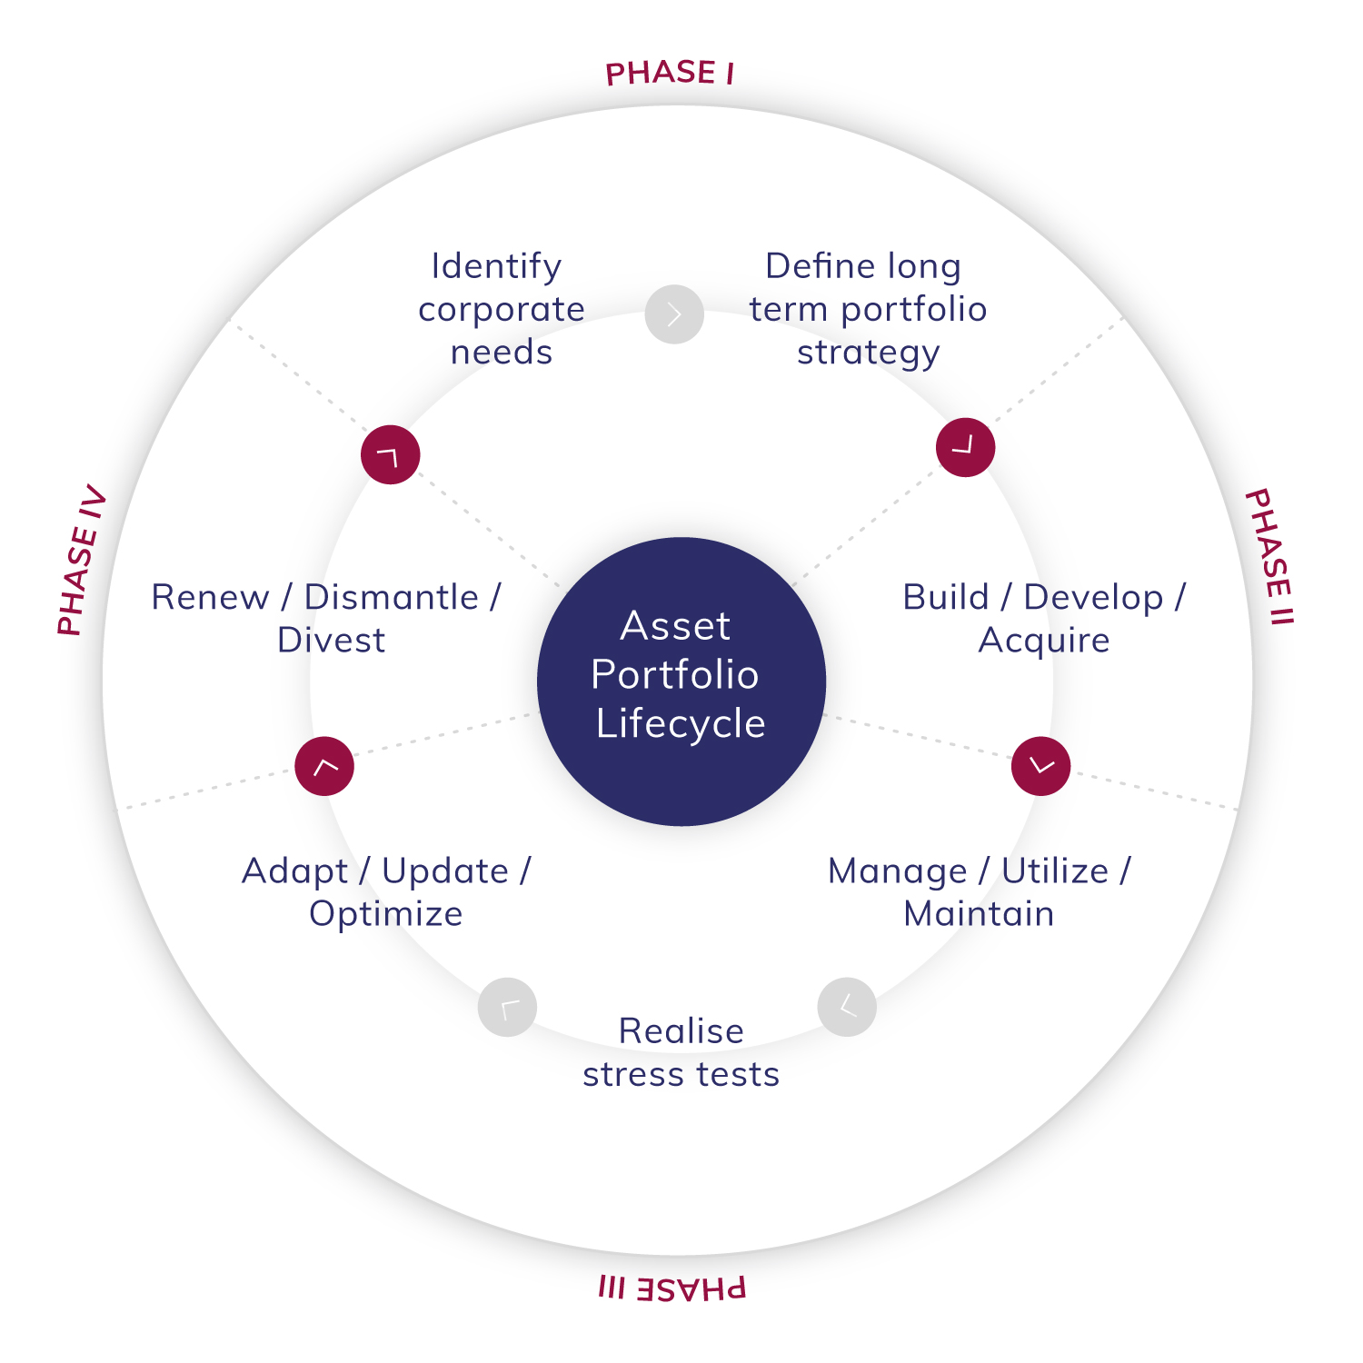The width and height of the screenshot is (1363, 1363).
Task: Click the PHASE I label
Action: tap(670, 73)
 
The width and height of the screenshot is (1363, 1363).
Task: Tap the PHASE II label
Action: tap(1268, 556)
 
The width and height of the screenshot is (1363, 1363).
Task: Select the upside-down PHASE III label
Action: tap(672, 1288)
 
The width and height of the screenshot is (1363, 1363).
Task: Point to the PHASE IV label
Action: tap(82, 561)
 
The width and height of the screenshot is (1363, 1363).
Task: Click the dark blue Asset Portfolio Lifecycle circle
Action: tap(681, 681)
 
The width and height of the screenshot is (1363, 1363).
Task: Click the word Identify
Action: tap(496, 266)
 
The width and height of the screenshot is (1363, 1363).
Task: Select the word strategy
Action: tap(868, 353)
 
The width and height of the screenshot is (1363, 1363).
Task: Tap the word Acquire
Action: tap(1044, 641)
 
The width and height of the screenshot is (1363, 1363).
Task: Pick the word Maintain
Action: tap(979, 913)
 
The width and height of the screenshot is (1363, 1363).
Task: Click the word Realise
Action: tap(681, 1031)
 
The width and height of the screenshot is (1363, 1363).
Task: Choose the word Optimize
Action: tap(385, 913)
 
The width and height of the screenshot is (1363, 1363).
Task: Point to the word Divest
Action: tap(331, 641)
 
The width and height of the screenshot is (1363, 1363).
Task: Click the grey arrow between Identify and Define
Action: tap(674, 314)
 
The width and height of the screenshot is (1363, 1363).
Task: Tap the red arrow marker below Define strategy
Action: tap(965, 447)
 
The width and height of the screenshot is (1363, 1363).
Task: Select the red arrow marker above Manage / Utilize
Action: tap(1040, 766)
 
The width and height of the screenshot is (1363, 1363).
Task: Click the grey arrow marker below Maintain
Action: tap(847, 1007)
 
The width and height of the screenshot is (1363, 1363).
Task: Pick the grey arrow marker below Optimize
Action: tap(507, 1007)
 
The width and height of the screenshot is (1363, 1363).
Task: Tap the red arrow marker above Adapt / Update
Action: tap(324, 766)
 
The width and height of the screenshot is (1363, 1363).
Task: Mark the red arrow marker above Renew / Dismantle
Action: tap(391, 454)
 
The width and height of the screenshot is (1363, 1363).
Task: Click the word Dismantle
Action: tap(391, 597)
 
